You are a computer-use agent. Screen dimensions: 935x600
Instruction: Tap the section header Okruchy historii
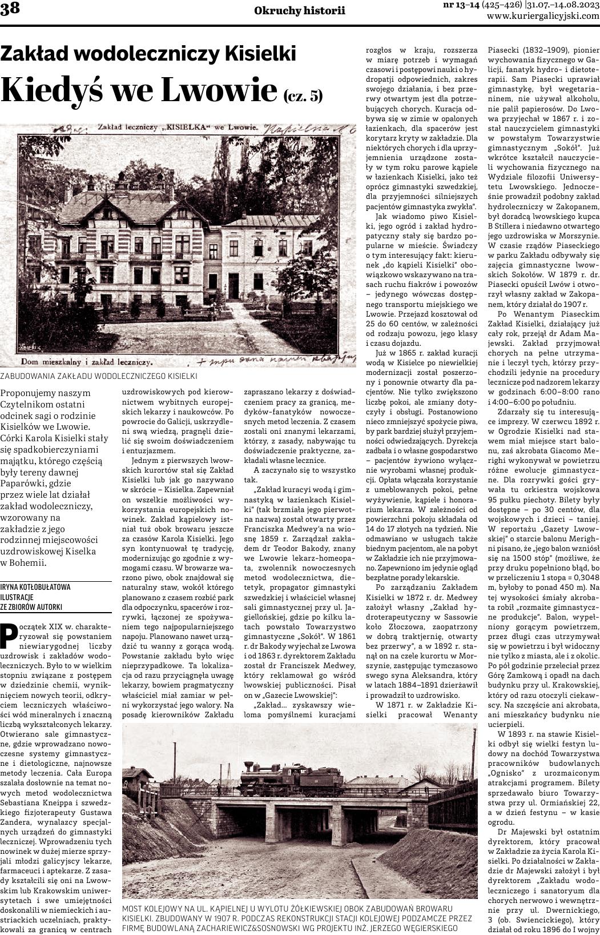point(300,10)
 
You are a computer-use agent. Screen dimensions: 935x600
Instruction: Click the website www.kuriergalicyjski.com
point(543,17)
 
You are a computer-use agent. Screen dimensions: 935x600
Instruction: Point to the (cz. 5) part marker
point(303,95)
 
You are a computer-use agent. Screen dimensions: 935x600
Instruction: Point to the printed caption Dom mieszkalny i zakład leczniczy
point(86,361)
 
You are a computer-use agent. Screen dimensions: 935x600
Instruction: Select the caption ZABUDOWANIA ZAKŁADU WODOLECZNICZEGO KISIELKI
point(99,376)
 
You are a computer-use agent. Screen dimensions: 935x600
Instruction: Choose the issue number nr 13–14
point(461,5)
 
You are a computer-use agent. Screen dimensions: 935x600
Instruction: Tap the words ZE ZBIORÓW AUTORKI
point(31,607)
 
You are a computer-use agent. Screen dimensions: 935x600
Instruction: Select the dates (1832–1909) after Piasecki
point(545,49)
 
